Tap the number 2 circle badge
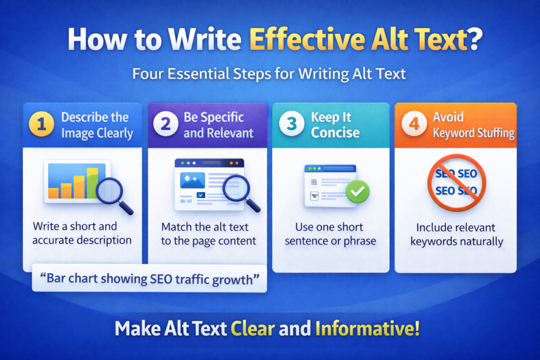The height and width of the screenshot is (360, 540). [165, 125]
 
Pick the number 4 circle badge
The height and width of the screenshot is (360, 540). [413, 125]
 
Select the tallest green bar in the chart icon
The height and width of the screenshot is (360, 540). [92, 182]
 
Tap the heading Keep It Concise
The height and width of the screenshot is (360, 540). [335, 125]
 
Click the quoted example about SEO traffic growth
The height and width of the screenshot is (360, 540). [149, 279]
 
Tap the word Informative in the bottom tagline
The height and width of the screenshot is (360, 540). [368, 329]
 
